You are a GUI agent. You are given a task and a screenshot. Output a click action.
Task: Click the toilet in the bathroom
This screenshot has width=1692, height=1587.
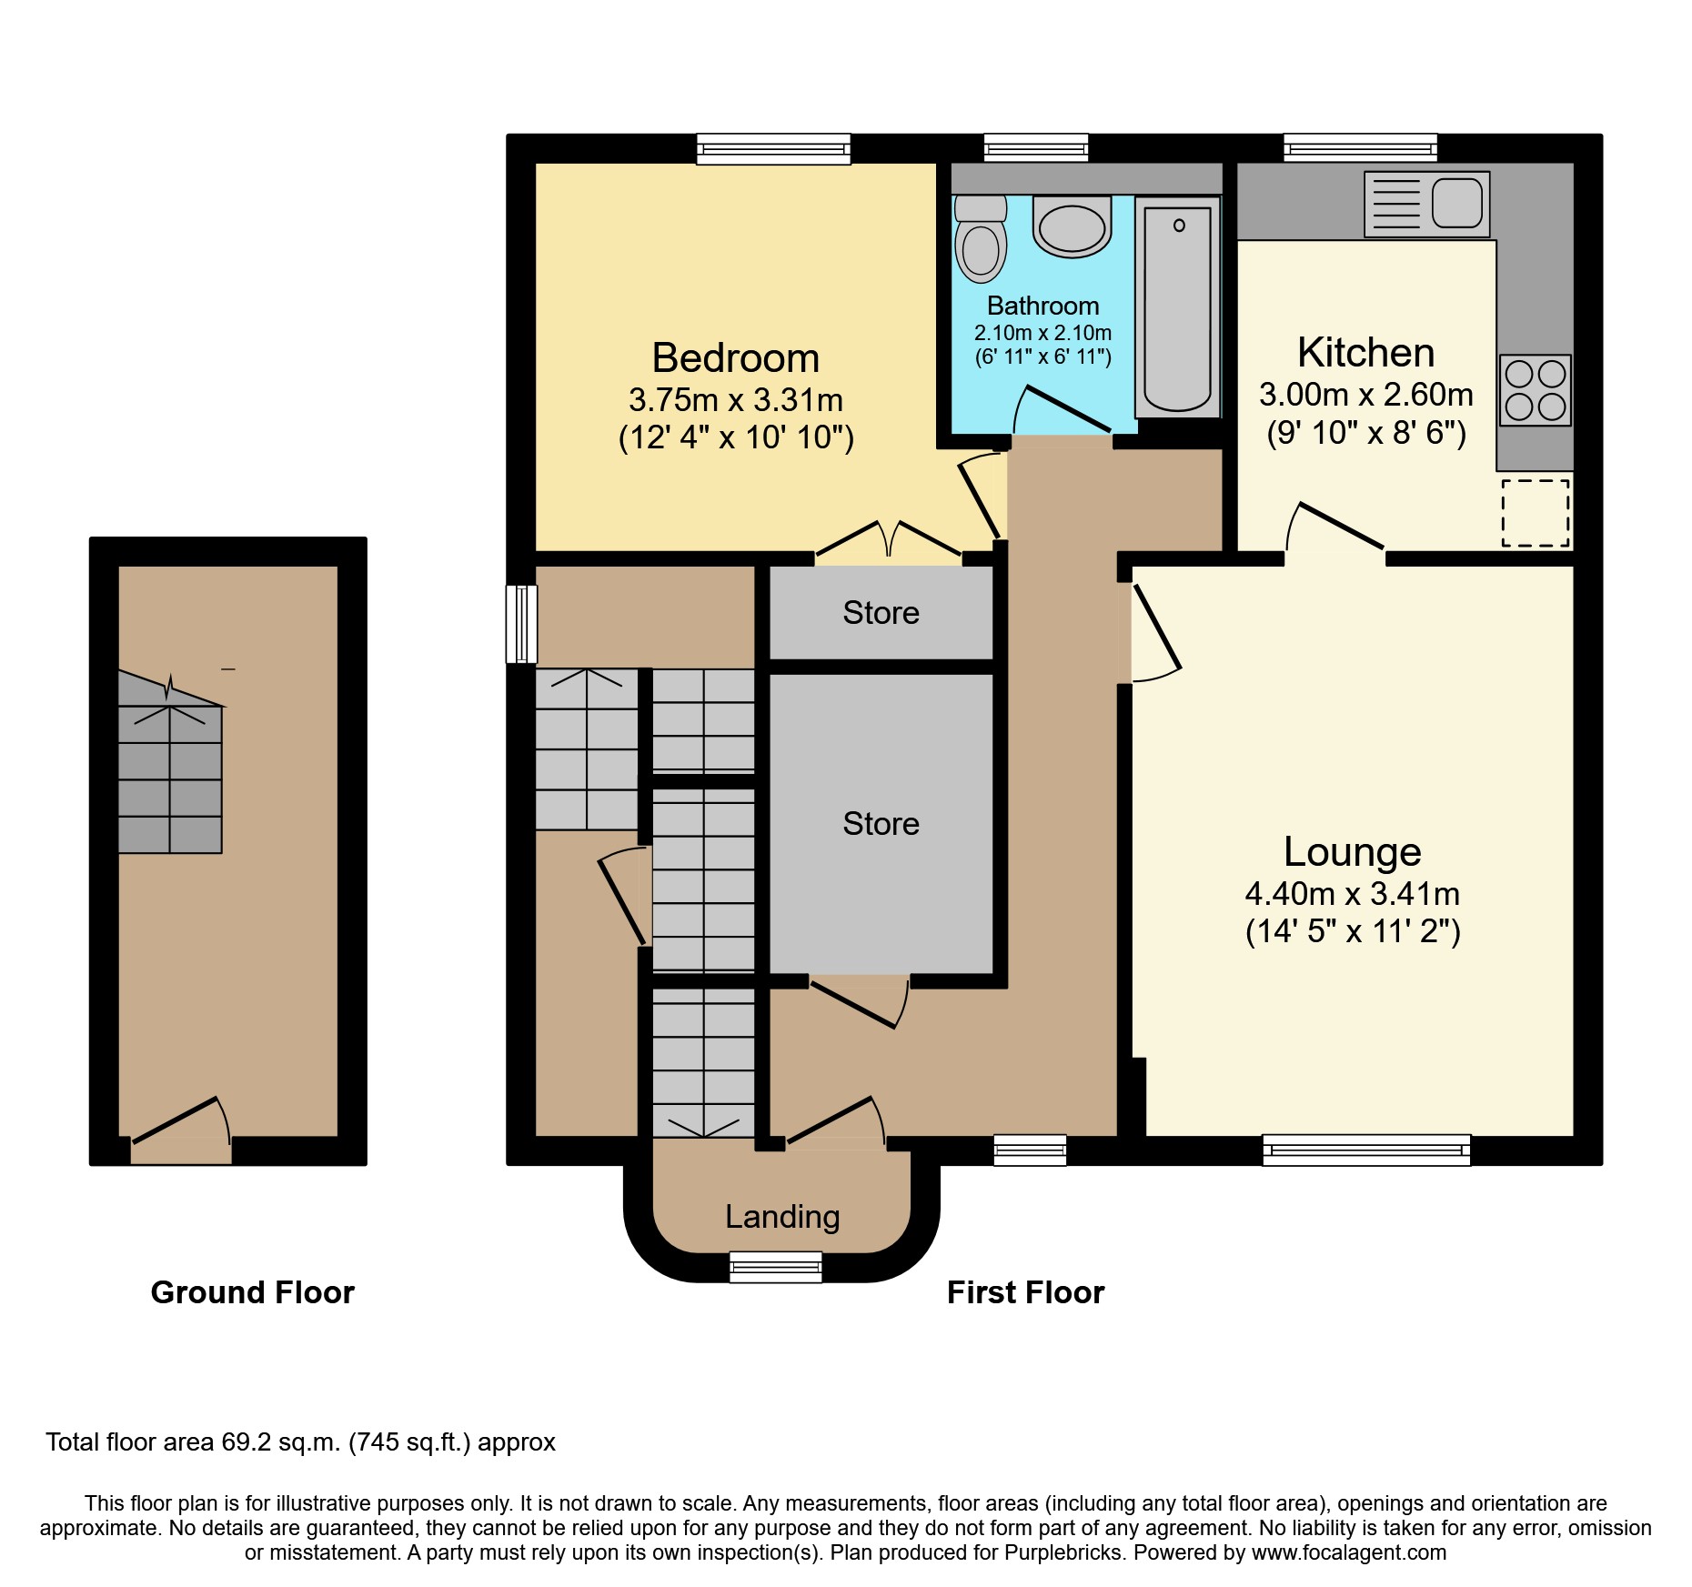pos(981,238)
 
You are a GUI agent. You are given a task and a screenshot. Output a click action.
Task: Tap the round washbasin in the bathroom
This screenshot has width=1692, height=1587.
pos(1073,228)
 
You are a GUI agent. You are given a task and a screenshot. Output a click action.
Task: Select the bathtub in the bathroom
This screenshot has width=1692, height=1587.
pos(1178,307)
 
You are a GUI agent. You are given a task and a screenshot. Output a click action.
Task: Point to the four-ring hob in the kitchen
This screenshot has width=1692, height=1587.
pos(1535,390)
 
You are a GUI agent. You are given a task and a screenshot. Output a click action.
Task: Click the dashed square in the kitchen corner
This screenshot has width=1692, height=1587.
pos(1535,513)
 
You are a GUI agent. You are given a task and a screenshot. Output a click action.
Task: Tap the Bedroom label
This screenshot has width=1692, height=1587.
pos(735,358)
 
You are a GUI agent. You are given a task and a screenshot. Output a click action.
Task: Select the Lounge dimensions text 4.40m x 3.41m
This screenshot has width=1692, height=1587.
pos(1352,894)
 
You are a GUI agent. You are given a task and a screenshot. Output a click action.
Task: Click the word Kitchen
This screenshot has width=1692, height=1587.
pos(1365,353)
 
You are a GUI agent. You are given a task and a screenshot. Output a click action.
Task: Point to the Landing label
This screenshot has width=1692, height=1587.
pos(781,1216)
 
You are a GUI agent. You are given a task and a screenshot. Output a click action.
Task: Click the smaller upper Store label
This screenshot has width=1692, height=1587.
pos(881,613)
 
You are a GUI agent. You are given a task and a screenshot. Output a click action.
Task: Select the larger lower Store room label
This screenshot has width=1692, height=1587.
pos(881,824)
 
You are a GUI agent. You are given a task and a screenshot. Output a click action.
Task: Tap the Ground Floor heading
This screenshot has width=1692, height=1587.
pos(252,1292)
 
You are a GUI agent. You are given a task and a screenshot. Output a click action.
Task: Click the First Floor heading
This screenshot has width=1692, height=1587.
pos(1025,1292)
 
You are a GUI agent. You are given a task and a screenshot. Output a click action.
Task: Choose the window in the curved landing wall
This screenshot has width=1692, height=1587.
pos(776,1267)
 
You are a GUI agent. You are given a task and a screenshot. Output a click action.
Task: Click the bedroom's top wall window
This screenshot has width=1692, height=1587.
pos(773,148)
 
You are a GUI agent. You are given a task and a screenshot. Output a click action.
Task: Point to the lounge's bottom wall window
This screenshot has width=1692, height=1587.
pos(1366,1150)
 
